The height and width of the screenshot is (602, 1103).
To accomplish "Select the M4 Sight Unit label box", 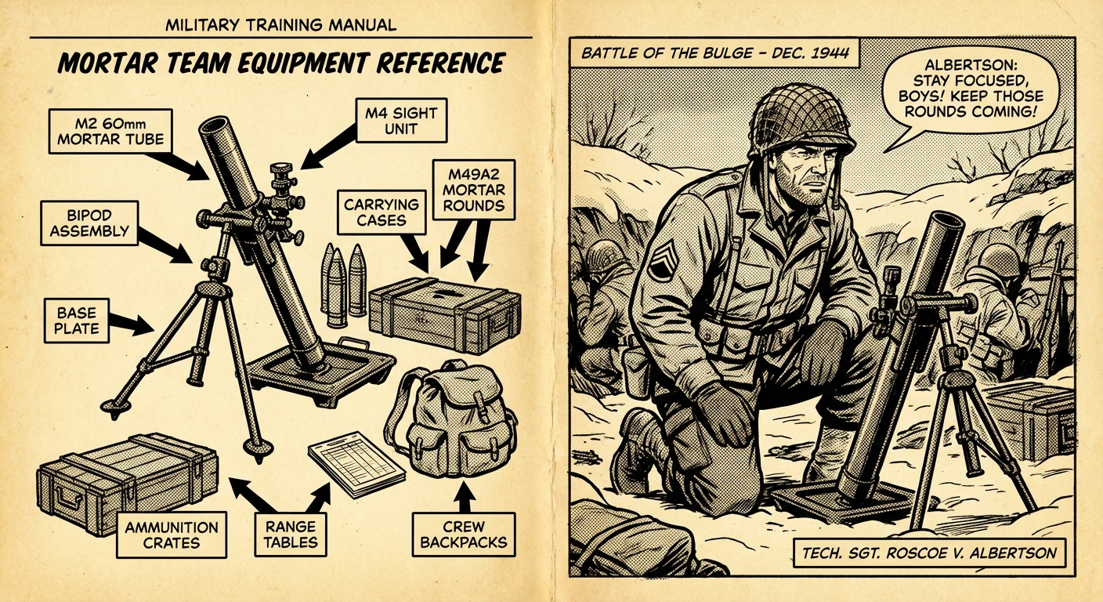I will coord(395,121).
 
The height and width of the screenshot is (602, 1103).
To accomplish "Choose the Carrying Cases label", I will coord(382,212).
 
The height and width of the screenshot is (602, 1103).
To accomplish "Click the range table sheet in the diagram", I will coord(356,462).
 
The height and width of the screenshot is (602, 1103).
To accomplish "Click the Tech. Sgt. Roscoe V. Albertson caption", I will coord(930,553).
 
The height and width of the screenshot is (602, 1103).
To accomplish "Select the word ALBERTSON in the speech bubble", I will coord(973,66).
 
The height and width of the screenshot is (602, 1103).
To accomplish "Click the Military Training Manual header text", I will coord(281,25).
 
